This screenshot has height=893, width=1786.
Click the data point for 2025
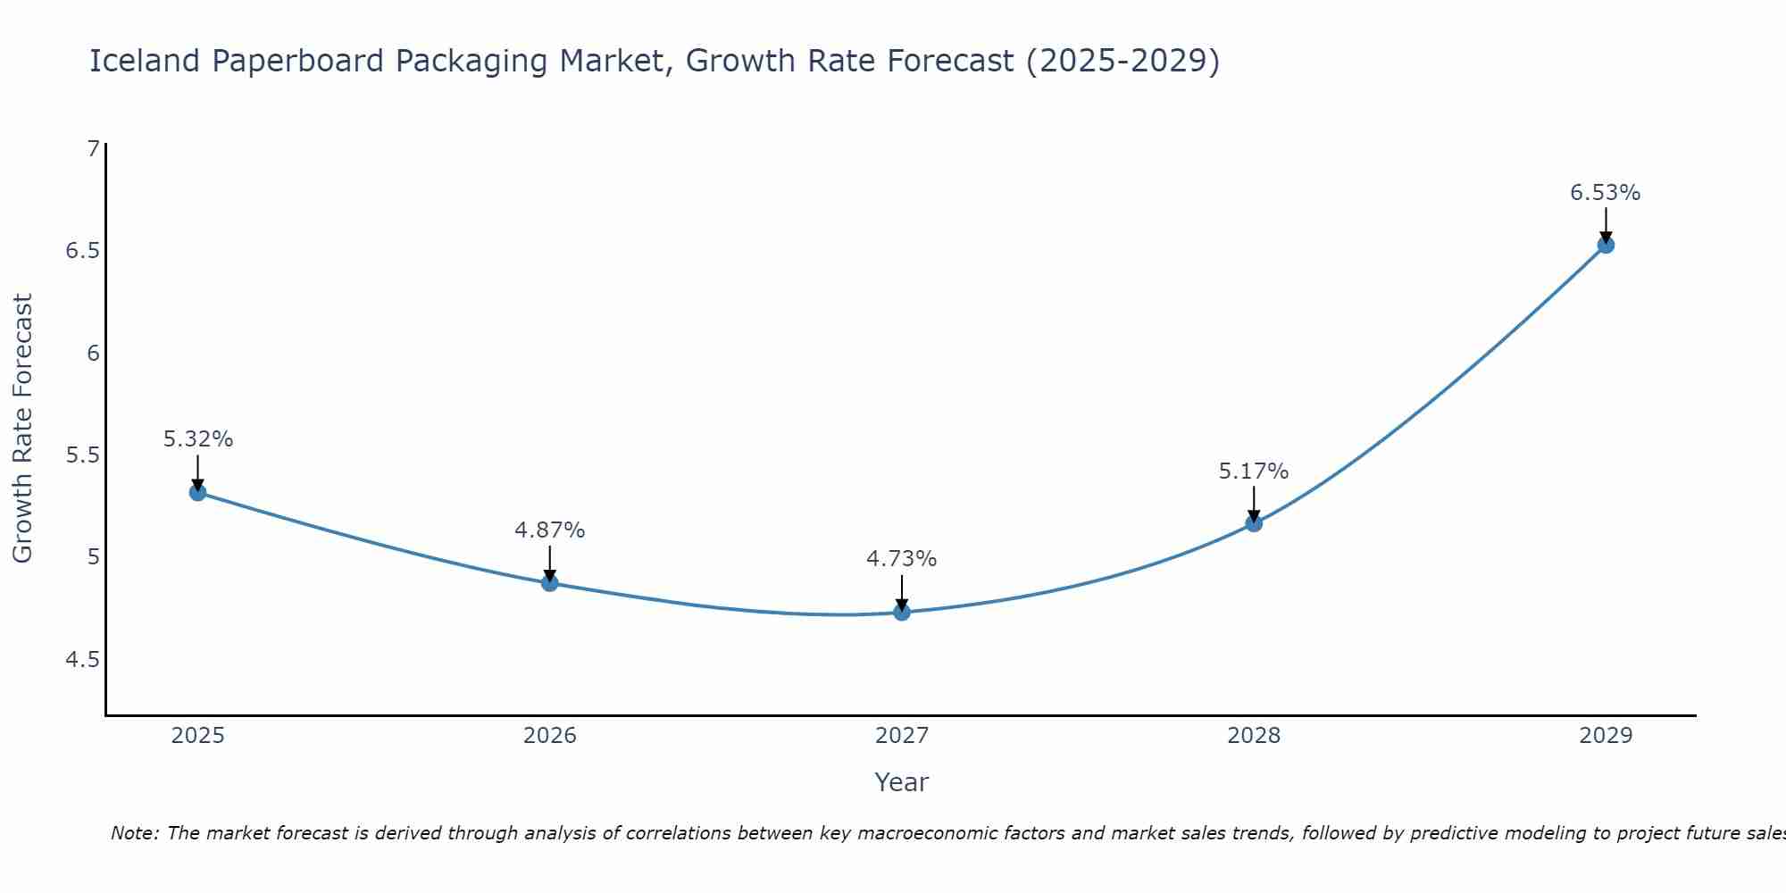point(198,492)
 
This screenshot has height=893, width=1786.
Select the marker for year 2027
point(902,612)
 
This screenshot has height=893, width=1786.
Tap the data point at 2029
point(1606,245)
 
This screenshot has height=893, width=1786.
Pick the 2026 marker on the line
point(550,583)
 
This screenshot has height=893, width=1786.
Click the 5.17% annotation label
point(1254,471)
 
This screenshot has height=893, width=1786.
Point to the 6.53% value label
point(1606,193)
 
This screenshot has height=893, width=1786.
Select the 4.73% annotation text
point(902,559)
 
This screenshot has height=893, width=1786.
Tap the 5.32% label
point(198,439)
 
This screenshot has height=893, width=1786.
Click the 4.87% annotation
point(550,530)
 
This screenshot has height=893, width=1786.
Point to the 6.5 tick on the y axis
point(82,251)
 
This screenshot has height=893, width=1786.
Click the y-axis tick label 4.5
point(82,660)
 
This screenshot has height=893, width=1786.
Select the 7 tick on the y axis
point(93,149)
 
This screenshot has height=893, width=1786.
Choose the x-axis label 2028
point(1254,736)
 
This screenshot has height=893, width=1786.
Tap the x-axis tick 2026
point(550,736)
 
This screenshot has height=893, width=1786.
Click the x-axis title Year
point(902,782)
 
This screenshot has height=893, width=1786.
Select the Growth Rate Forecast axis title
point(23,429)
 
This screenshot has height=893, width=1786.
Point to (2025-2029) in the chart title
point(1123,61)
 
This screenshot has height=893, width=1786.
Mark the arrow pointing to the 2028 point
point(1254,505)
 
